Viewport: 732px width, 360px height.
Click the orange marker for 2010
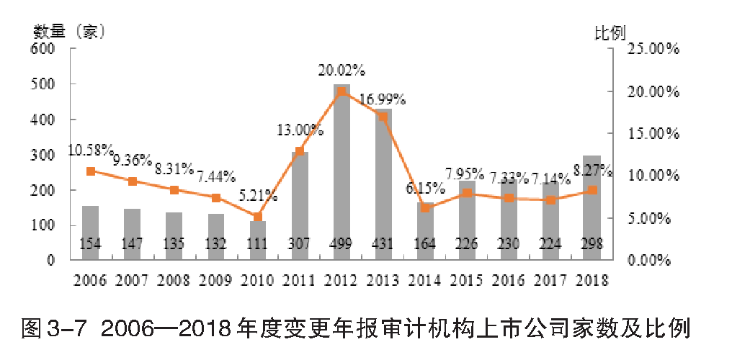point(258,217)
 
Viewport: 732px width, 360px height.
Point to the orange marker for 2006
point(91,171)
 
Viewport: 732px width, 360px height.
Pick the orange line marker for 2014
point(425,208)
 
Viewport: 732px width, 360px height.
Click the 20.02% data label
point(342,71)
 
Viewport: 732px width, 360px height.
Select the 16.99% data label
point(382,99)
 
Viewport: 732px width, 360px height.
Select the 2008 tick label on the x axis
point(174,279)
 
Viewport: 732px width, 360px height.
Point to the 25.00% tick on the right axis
point(653,49)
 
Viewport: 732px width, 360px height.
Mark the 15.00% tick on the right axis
point(653,134)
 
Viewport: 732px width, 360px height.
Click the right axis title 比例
point(609,32)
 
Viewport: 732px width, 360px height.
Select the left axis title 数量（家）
point(70,32)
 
